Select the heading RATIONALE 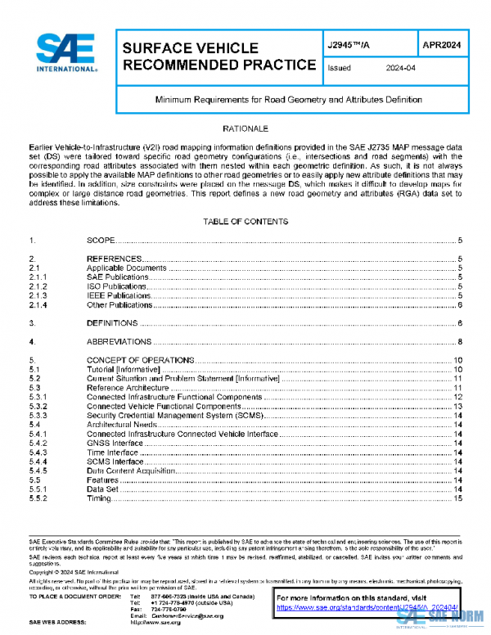click(x=245, y=129)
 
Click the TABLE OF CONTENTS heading click(x=245, y=222)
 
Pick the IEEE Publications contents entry click(x=119, y=295)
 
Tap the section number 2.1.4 click(x=38, y=305)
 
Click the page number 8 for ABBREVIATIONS click(x=462, y=341)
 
